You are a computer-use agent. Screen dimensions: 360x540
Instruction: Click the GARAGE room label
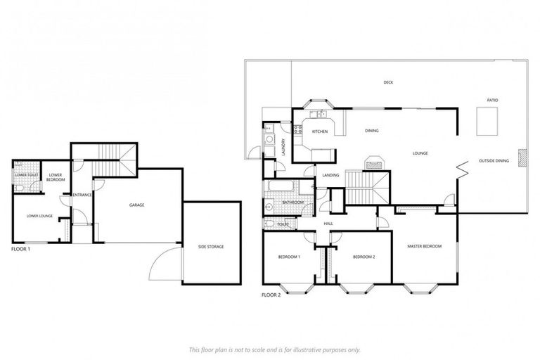click(x=136, y=205)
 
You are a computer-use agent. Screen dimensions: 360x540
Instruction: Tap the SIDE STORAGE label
click(x=211, y=246)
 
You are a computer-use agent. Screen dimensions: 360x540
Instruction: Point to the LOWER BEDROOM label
click(x=56, y=177)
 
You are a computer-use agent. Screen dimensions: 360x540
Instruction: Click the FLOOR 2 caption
click(x=271, y=295)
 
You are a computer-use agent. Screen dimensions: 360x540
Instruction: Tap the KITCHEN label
click(x=320, y=131)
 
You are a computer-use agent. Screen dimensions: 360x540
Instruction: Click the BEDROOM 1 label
click(x=289, y=257)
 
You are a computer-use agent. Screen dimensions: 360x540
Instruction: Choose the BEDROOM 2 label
click(x=364, y=257)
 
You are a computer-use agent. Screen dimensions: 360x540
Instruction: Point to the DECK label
click(x=388, y=82)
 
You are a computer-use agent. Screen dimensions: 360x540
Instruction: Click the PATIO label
click(x=493, y=101)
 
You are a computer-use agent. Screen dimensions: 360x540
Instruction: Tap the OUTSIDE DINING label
click(x=494, y=161)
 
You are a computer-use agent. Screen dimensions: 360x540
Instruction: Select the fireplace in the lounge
click(x=375, y=163)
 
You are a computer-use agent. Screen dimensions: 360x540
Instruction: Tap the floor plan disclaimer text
click(x=274, y=349)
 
